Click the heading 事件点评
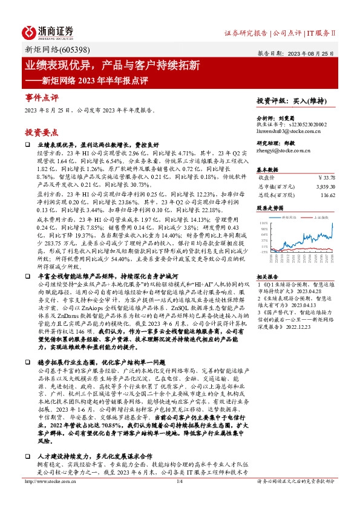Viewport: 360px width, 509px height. point(42,97)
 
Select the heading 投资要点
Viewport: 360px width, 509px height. point(42,131)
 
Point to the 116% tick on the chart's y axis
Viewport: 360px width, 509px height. point(263,223)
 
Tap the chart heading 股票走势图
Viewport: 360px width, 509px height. point(270,207)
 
